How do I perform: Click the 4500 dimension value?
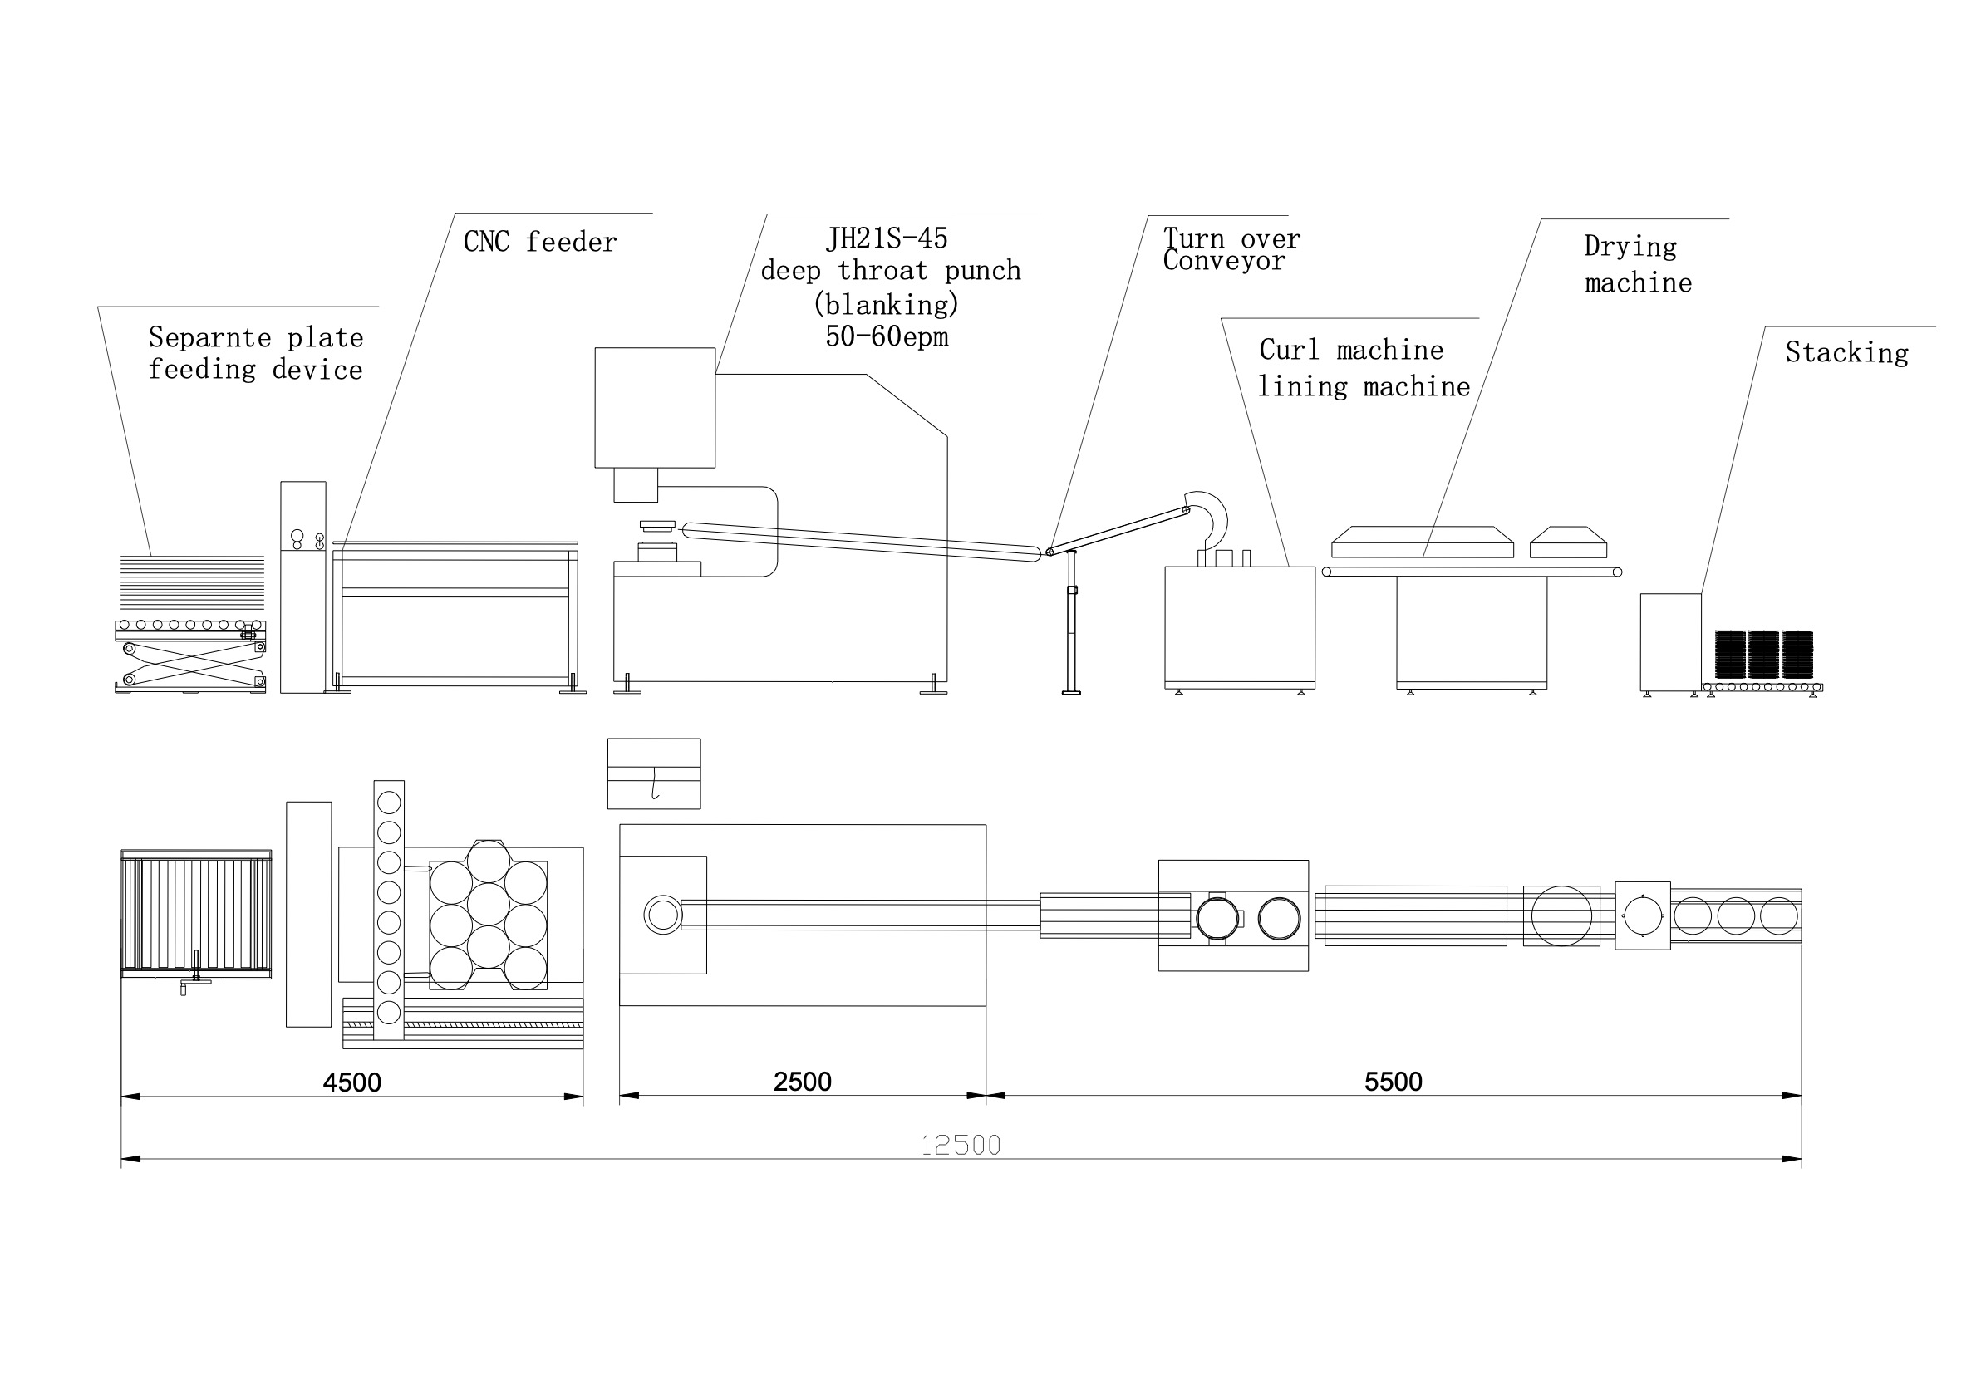point(352,1082)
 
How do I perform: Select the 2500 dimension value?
point(803,1082)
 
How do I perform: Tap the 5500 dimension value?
point(1394,1082)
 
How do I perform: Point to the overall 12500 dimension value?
point(961,1146)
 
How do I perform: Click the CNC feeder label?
point(540,243)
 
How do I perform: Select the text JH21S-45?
point(887,238)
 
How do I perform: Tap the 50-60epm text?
point(887,336)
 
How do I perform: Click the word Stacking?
point(1847,353)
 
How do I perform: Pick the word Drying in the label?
point(1630,247)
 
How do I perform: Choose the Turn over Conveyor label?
point(1231,249)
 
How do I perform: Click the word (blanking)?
point(887,304)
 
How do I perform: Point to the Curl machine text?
point(1351,351)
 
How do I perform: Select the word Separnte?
point(209,337)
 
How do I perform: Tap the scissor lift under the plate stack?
point(192,665)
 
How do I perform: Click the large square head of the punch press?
point(655,407)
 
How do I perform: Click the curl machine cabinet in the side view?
point(1240,626)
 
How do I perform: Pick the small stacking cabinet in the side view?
point(1670,641)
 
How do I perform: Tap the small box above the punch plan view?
point(654,773)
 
